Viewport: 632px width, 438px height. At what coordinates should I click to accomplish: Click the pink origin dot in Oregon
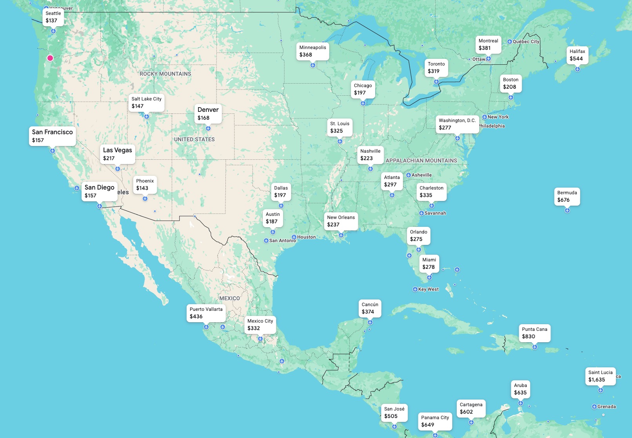[50, 58]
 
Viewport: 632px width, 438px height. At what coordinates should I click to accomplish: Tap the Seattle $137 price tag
[53, 17]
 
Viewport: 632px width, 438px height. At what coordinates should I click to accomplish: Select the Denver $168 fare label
[208, 113]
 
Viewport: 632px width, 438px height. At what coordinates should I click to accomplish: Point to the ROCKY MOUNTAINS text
[165, 74]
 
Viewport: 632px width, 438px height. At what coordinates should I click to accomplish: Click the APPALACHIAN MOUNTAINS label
[421, 161]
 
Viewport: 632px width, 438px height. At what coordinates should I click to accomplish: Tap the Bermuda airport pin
[567, 211]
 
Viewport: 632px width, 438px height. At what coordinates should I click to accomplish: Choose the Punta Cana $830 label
[534, 333]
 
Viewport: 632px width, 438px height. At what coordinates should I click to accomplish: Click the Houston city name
[306, 237]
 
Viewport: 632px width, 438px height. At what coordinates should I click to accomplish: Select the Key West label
[428, 289]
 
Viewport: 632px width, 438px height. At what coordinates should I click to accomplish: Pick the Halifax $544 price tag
[577, 55]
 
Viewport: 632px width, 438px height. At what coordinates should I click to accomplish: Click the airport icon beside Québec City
[509, 42]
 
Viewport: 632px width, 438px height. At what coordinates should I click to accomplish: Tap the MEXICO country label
[230, 298]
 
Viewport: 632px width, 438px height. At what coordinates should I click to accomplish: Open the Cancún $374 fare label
[370, 308]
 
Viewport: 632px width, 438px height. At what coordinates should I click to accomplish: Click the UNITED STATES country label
[194, 139]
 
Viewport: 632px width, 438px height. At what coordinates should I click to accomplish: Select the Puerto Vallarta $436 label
[206, 313]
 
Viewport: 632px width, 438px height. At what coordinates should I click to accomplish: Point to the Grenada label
[606, 407]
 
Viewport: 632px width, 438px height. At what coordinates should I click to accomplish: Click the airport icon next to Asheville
[408, 175]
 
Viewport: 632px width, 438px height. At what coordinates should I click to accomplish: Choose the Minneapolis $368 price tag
[312, 51]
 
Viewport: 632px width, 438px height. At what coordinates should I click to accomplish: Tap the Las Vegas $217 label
[117, 154]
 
